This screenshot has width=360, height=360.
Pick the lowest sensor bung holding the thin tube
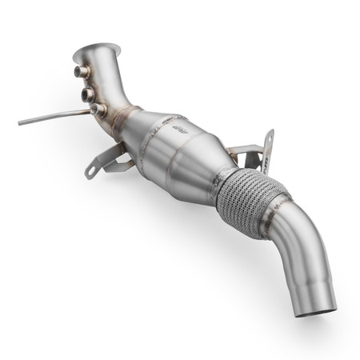[97, 109]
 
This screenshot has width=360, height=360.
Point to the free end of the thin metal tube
[20, 122]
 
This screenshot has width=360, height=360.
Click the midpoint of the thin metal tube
[56, 116]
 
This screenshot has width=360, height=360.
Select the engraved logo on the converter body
[182, 124]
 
